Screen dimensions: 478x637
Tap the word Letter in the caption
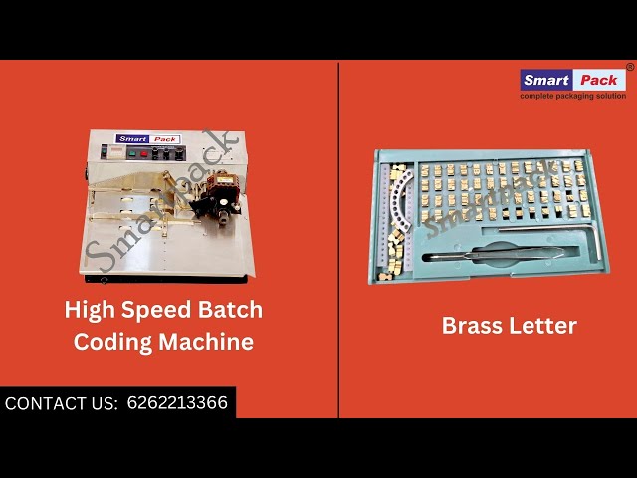click(x=543, y=326)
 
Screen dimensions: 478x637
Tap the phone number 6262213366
click(x=177, y=403)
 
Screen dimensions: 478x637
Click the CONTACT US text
click(x=62, y=403)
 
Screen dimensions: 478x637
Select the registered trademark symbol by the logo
click(x=629, y=68)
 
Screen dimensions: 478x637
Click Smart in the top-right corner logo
click(x=545, y=81)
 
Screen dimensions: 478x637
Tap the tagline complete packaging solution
click(x=572, y=97)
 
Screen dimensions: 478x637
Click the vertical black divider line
click(x=338, y=239)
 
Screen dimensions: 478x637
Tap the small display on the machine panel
click(x=112, y=154)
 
